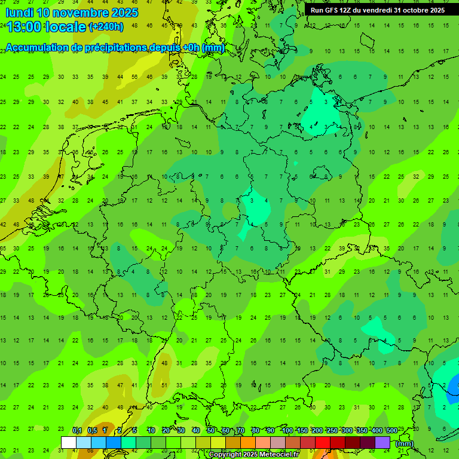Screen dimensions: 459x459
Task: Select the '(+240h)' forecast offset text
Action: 106,27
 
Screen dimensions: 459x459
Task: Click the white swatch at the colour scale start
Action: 69,442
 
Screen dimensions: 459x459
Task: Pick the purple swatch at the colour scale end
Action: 382,442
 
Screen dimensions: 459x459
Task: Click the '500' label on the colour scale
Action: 392,430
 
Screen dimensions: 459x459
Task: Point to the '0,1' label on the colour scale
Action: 77,430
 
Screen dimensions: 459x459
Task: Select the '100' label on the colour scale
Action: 287,430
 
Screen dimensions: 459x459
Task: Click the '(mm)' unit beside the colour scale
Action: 405,443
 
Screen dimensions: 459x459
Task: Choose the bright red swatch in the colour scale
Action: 323,442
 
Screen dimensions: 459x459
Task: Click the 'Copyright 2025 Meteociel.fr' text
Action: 253,455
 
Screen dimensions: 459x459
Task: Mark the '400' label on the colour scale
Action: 377,430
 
